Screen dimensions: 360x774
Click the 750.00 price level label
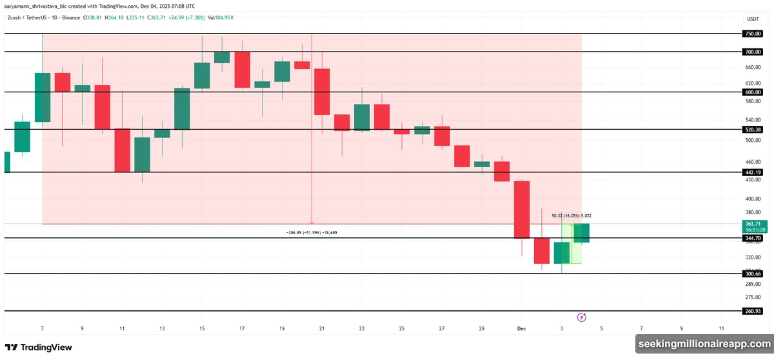(752, 34)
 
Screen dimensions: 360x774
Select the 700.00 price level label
(752, 52)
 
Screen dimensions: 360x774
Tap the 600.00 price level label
(752, 92)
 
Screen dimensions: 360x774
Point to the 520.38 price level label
(752, 130)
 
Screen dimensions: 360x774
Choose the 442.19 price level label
(752, 172)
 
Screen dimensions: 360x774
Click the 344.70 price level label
(752, 239)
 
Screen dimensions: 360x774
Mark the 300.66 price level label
(752, 274)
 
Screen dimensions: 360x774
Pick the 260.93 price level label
(752, 311)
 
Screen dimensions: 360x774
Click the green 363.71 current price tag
(753, 223)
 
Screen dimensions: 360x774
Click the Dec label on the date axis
(522, 328)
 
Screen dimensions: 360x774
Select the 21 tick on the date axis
(322, 328)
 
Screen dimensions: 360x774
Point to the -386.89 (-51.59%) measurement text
(312, 232)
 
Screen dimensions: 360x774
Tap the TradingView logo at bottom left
(39, 347)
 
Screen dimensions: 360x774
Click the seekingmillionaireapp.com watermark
(703, 345)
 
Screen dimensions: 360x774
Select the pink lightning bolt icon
(582, 317)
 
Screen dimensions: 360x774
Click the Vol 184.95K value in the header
(221, 17)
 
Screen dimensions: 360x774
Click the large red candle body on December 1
(521, 210)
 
